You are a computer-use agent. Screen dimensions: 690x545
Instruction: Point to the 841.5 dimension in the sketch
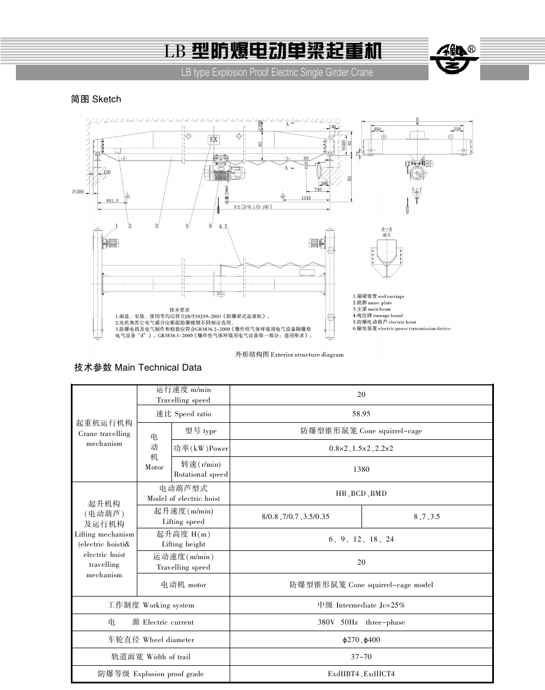[x=112, y=201]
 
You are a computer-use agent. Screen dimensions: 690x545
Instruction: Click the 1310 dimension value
[x=306, y=198]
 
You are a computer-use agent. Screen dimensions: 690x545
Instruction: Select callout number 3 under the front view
[x=157, y=225]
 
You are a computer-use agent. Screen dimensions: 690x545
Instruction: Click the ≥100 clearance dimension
[x=77, y=191]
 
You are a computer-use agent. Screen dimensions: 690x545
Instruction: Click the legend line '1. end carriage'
[x=379, y=296]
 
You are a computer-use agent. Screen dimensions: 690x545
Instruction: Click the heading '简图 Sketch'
[x=96, y=100]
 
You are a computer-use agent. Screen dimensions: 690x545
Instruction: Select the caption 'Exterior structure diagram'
[x=290, y=355]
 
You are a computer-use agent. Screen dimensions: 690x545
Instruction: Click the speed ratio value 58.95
[x=361, y=413]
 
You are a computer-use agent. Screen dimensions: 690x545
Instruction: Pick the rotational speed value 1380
[x=361, y=469]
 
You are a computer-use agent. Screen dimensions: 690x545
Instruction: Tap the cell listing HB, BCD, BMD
[x=361, y=493]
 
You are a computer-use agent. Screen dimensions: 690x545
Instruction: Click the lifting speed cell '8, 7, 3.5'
[x=427, y=516]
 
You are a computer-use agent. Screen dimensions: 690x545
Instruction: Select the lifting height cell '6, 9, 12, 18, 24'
[x=361, y=539]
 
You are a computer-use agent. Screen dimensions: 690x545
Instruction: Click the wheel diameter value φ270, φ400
[x=361, y=639]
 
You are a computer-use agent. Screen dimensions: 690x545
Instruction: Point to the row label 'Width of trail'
[x=151, y=656]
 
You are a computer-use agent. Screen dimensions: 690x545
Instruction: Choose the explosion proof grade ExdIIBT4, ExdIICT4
[x=361, y=674]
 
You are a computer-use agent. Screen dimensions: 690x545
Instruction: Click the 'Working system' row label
[x=151, y=605]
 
